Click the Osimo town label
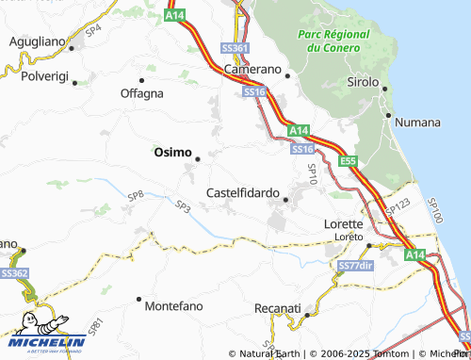[x=172, y=152]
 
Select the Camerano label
[x=252, y=70]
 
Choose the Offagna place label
[x=141, y=93]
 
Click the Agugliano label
[x=39, y=42]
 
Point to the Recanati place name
[x=278, y=308]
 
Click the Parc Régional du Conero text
[x=333, y=41]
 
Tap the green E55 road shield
[x=349, y=161]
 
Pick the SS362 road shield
[x=13, y=272]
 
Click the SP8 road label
[x=136, y=195]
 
